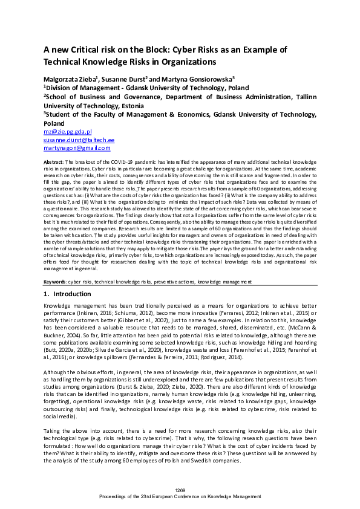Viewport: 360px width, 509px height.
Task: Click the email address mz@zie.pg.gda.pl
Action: (x=67, y=131)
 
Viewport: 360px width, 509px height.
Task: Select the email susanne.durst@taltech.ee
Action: (x=80, y=139)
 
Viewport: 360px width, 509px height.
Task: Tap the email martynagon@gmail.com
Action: (x=77, y=148)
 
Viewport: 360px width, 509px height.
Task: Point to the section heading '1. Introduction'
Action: (x=68, y=294)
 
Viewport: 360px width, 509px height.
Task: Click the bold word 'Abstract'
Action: (x=54, y=163)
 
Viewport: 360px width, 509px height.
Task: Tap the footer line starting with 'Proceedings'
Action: (x=180, y=497)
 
